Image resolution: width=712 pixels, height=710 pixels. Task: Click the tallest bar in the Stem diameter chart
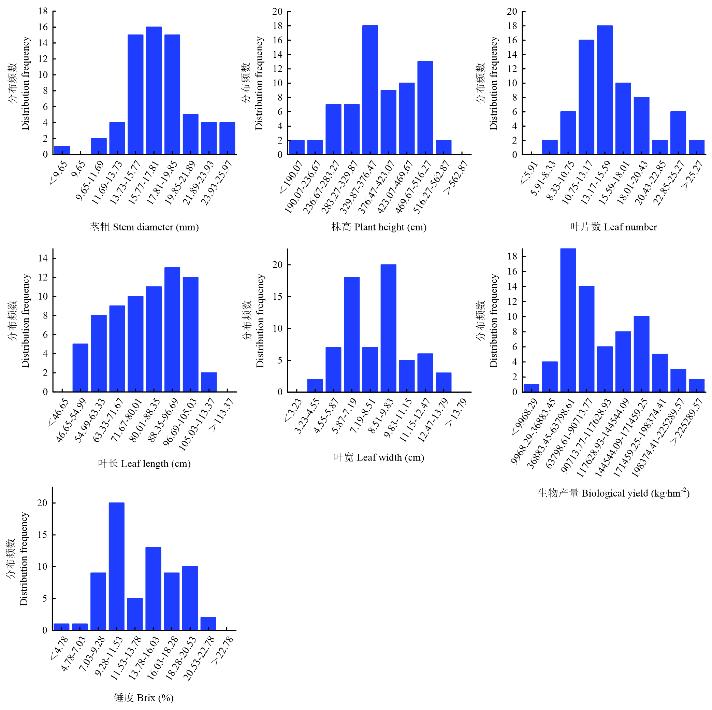point(154,90)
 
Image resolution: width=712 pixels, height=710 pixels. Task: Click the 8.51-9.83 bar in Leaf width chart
point(389,328)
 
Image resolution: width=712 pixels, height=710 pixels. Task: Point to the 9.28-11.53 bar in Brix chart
point(116,566)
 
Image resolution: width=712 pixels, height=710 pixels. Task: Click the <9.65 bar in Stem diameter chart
point(62,150)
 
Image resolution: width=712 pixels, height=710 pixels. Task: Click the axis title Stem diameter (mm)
point(144,227)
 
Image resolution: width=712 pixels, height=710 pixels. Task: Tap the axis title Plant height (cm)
point(379,227)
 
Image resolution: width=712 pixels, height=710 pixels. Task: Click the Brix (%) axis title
point(144,697)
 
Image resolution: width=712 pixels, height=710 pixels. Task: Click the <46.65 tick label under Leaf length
point(58,412)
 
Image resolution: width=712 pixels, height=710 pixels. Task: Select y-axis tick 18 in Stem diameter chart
point(43,11)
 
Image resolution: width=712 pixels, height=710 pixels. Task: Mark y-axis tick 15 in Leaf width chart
point(277,296)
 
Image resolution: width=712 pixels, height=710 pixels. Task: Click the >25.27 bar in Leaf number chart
point(697,147)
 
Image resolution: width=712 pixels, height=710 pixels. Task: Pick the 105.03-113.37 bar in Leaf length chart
point(209,382)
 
